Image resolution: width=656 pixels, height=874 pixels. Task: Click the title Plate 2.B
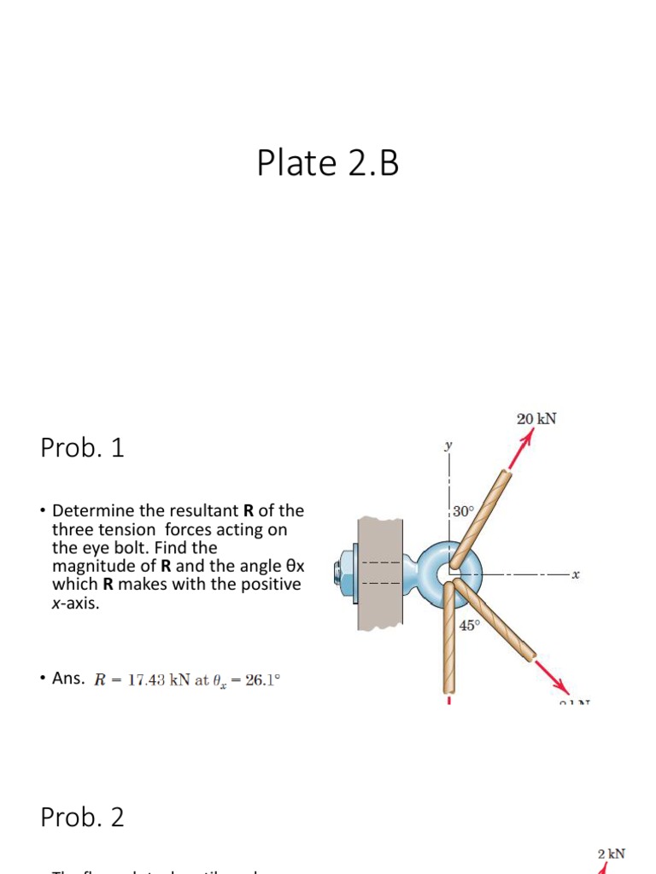328,163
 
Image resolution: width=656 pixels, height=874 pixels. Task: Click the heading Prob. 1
82,448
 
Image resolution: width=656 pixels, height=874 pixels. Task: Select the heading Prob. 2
82,818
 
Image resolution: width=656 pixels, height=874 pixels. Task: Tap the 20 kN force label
538,418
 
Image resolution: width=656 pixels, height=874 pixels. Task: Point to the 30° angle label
462,511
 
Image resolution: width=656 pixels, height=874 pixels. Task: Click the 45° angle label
470,626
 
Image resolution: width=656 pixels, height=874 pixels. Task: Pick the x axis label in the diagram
576,575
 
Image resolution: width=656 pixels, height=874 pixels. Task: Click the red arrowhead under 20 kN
527,438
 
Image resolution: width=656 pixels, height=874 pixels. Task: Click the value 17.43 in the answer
145,680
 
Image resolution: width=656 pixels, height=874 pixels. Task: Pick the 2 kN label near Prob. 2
611,854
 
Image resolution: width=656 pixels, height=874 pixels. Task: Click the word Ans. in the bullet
68,679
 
